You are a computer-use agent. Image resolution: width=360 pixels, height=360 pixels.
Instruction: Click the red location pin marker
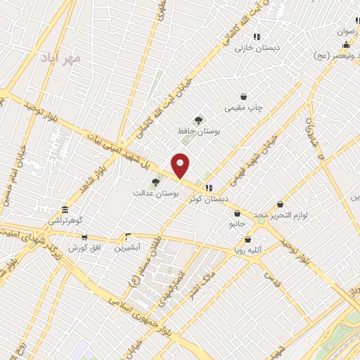[x=181, y=165]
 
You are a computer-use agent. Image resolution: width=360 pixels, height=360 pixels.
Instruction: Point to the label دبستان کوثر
[x=209, y=199]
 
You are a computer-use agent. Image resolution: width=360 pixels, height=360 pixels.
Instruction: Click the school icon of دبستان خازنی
[x=257, y=37]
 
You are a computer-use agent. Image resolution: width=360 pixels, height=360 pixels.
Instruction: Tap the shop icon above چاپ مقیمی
[x=243, y=97]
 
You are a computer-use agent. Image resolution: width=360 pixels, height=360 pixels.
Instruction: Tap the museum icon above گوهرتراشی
[x=65, y=210]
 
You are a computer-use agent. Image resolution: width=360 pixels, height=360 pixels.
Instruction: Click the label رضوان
[x=348, y=32]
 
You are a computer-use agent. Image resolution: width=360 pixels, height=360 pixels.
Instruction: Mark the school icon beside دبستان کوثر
[x=209, y=188]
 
